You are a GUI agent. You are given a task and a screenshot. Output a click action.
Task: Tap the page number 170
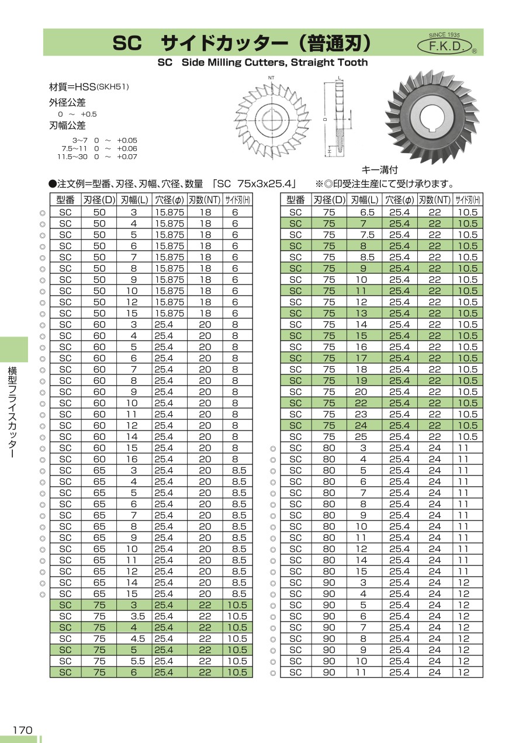(22, 730)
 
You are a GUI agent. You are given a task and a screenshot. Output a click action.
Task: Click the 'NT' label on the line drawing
(271, 78)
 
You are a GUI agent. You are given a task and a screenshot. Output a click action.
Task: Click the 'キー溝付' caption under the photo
(380, 170)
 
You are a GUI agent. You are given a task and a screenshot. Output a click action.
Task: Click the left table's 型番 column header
(65, 199)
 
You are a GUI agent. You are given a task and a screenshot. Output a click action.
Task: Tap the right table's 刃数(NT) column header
(435, 199)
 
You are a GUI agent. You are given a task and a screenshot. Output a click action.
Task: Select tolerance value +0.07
(127, 157)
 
